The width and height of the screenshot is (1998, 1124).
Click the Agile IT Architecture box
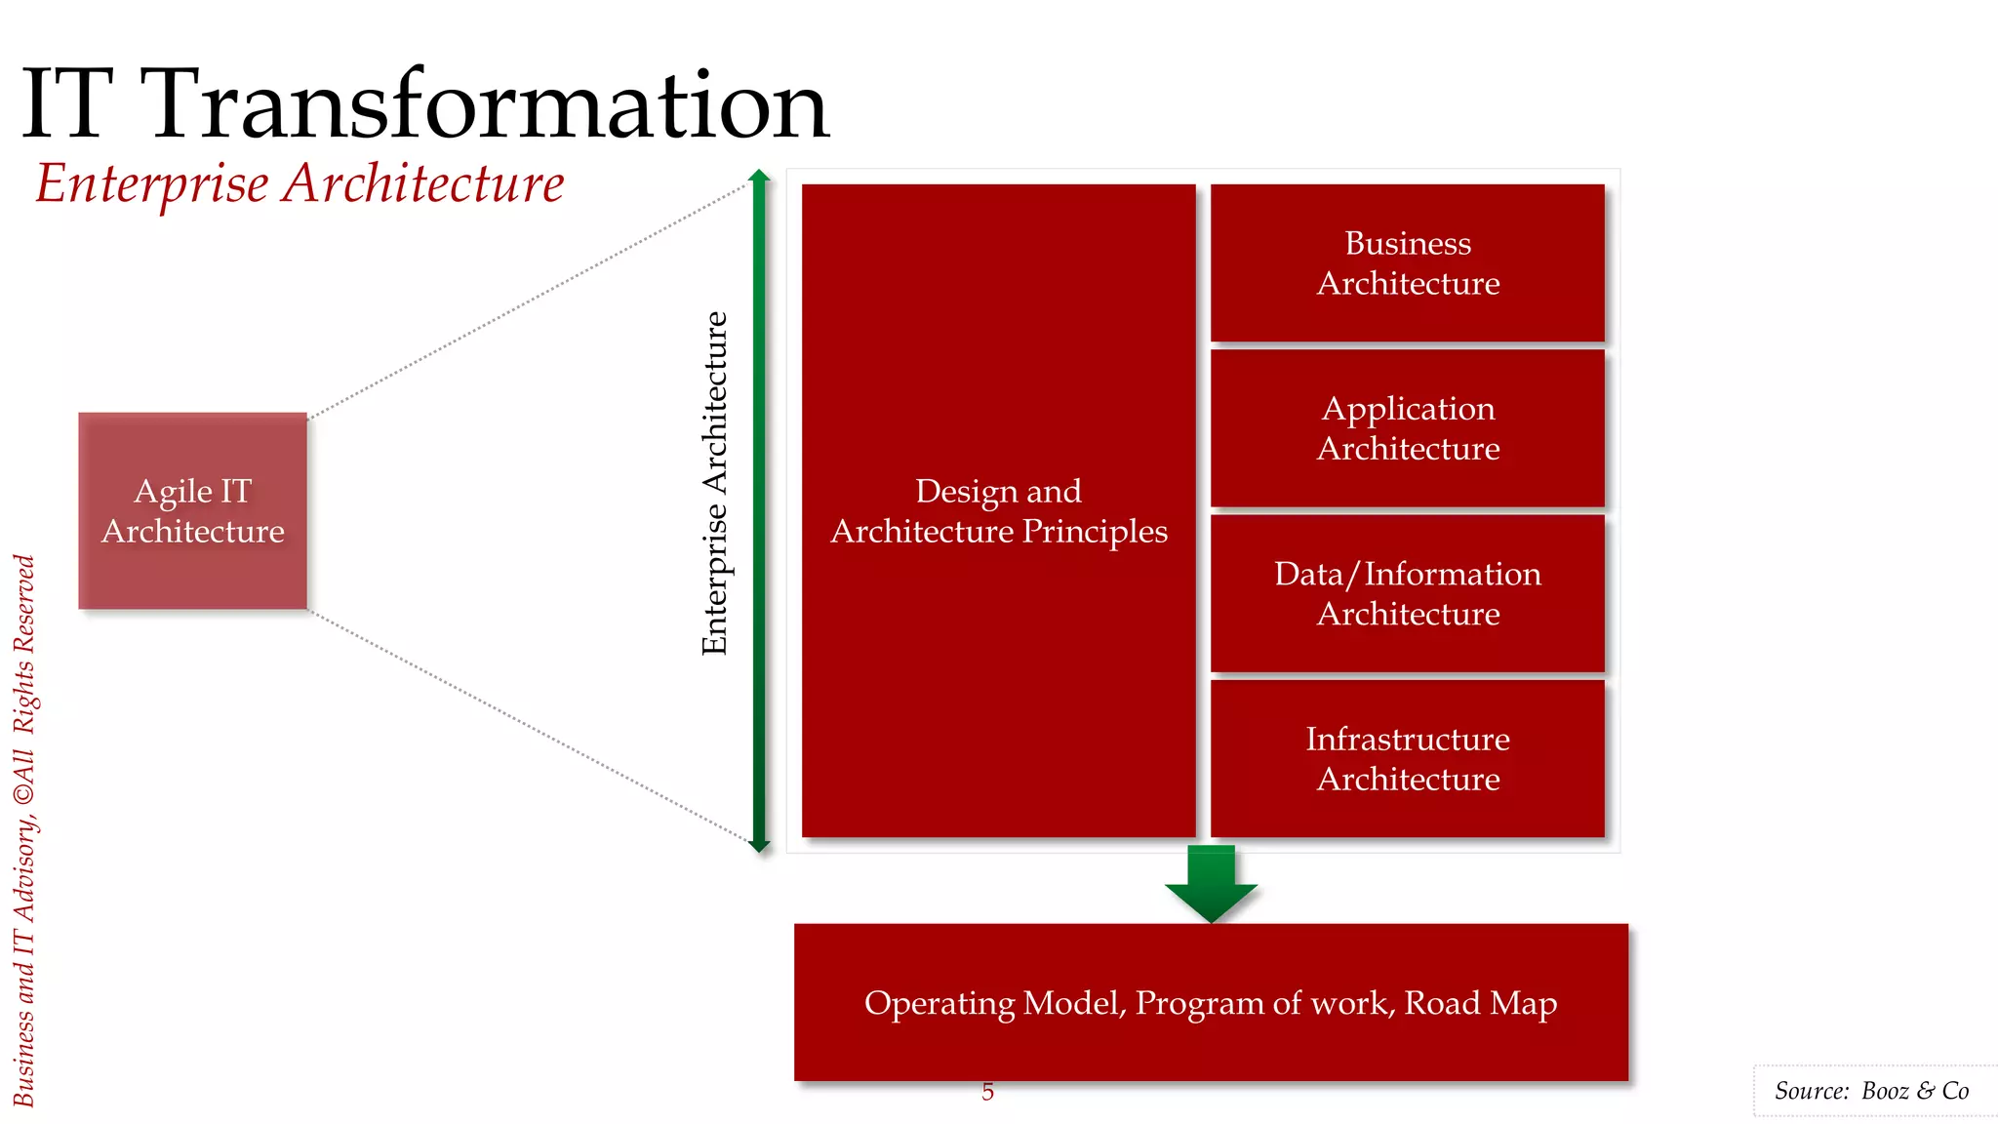click(192, 510)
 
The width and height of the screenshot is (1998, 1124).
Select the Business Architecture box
click(1407, 262)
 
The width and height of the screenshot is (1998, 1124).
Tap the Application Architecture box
click(1407, 427)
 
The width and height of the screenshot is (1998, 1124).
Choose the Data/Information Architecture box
click(1407, 592)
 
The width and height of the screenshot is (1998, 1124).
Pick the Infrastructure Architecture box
click(1407, 758)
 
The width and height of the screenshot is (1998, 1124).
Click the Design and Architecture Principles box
click(998, 510)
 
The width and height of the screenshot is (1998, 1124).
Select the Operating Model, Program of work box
click(1210, 1003)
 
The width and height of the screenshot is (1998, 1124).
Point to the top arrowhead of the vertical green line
click(759, 176)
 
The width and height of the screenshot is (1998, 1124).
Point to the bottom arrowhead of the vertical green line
click(759, 845)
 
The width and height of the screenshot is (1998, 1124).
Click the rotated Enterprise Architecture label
click(715, 483)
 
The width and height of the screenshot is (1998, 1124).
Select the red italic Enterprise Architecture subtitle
click(300, 183)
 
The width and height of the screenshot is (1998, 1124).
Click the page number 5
click(987, 1092)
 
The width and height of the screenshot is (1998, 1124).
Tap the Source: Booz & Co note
click(1870, 1091)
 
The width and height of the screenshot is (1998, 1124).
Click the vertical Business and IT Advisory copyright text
click(24, 829)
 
